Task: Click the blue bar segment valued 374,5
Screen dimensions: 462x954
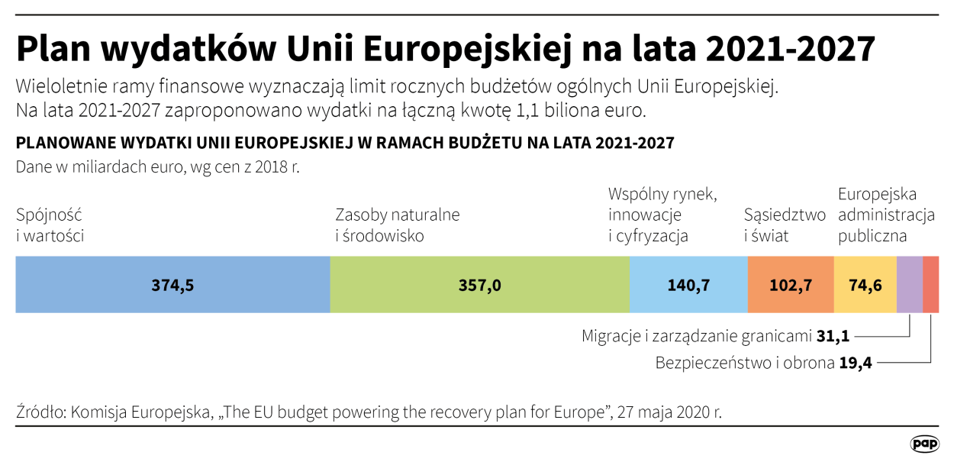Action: click(172, 285)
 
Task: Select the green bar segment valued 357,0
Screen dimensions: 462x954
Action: click(479, 285)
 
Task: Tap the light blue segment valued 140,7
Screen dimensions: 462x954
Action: click(688, 285)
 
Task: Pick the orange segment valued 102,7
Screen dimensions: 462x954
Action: click(791, 285)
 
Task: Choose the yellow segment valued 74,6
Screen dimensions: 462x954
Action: click(865, 285)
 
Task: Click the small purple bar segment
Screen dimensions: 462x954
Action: click(910, 285)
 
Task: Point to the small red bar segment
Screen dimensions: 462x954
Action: click(931, 285)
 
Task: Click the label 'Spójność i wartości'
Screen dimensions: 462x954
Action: click(50, 225)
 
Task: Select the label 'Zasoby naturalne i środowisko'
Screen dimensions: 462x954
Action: click(398, 225)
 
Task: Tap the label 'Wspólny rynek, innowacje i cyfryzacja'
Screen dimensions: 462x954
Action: click(662, 215)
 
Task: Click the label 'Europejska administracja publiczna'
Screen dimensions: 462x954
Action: click(886, 215)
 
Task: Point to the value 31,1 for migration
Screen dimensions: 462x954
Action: click(833, 336)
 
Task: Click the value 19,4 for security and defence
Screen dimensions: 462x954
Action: click(855, 363)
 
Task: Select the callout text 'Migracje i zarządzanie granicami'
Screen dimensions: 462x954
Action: click(696, 336)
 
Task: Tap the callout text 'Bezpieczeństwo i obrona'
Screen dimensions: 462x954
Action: click(745, 363)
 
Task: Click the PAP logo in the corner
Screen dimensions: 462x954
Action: click(924, 444)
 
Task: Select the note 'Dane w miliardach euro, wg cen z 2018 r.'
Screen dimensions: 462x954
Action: click(157, 166)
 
